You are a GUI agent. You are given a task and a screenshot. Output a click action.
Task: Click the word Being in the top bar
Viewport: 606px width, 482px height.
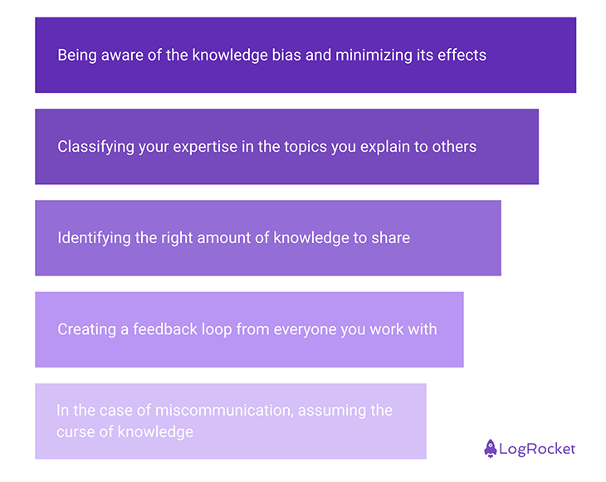(x=77, y=56)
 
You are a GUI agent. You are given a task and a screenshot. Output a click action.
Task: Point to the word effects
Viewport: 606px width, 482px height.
(x=462, y=56)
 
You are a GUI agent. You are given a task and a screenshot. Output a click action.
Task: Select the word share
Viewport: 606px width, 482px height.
(x=391, y=238)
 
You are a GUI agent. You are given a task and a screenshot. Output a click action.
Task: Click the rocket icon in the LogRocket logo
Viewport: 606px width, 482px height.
(x=491, y=449)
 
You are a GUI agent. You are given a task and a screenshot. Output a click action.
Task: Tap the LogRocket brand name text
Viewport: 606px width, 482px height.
(x=537, y=449)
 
